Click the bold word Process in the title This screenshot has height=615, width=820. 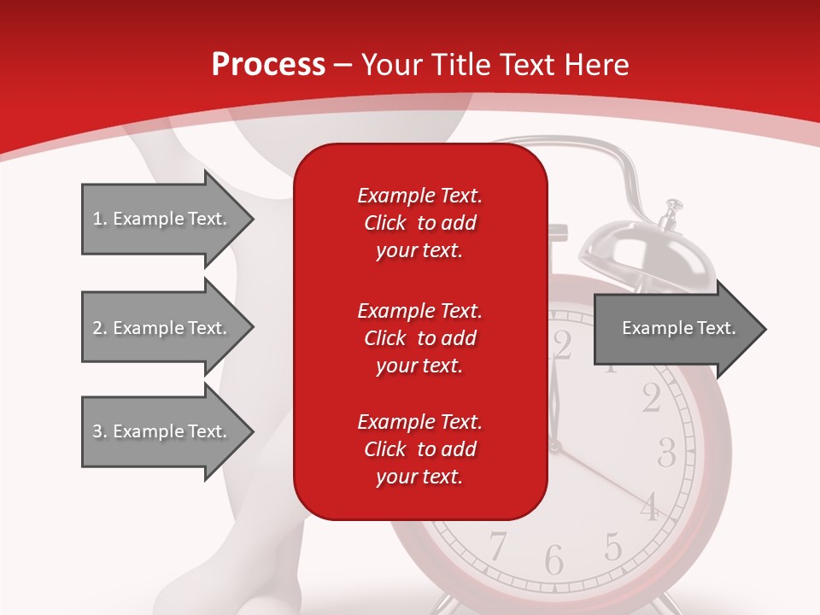[x=268, y=65]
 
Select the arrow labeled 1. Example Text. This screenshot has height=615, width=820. [x=162, y=219]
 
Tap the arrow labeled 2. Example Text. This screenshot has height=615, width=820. [x=162, y=328]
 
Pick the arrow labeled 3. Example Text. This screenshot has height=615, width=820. [x=162, y=431]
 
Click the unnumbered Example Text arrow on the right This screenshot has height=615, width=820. [x=678, y=328]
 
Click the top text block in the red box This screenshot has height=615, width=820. [x=419, y=223]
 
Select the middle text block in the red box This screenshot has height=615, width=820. [x=419, y=338]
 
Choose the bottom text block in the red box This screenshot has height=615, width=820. [x=419, y=449]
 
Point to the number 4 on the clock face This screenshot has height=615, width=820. [x=650, y=507]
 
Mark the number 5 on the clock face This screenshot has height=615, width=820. [x=612, y=545]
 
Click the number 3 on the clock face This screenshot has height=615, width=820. [x=667, y=452]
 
